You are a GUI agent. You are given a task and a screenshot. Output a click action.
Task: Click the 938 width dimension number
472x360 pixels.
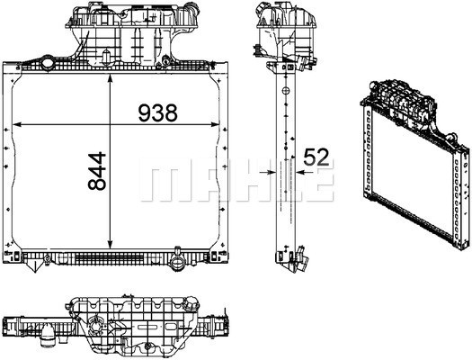[157, 112]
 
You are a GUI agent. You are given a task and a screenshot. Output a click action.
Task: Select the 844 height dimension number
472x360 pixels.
[97, 171]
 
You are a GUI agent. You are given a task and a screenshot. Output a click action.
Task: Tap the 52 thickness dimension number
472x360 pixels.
[316, 157]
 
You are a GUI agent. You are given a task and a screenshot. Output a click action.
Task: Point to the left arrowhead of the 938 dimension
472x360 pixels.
[16, 124]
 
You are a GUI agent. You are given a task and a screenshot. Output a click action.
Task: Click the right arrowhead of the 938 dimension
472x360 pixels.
[215, 124]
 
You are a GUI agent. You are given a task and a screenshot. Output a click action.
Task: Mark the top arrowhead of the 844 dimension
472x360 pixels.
[111, 78]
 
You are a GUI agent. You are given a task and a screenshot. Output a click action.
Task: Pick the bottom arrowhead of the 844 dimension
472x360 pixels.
[111, 245]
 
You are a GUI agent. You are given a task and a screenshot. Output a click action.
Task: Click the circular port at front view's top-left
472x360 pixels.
[48, 64]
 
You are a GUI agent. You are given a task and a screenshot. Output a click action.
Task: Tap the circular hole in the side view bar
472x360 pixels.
[286, 90]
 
